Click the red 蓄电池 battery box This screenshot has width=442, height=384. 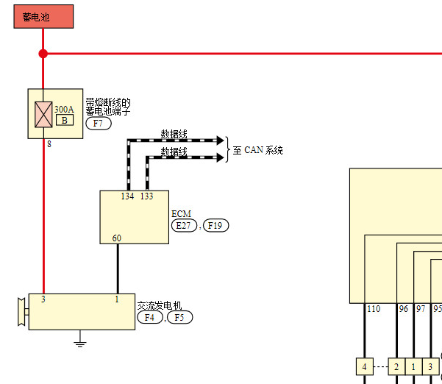pyautogui.click(x=43, y=17)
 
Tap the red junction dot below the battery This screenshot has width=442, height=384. pyautogui.click(x=43, y=54)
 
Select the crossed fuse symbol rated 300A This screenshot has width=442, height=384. pyautogui.click(x=43, y=115)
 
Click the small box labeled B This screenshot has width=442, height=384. pyautogui.click(x=65, y=120)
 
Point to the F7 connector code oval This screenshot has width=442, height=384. pyautogui.click(x=99, y=124)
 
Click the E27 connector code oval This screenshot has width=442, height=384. pyautogui.click(x=184, y=226)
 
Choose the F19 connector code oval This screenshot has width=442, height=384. pyautogui.click(x=215, y=226)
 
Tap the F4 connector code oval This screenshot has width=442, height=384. pyautogui.click(x=150, y=318)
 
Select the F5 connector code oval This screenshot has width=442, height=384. pyautogui.click(x=180, y=318)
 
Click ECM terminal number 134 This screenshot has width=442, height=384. pyautogui.click(x=127, y=196)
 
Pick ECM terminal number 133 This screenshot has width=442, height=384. pyautogui.click(x=146, y=196)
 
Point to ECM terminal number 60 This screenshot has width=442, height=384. pyautogui.click(x=117, y=238)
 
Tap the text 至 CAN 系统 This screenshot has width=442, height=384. pyautogui.click(x=257, y=150)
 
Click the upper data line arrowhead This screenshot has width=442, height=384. pyautogui.click(x=220, y=140)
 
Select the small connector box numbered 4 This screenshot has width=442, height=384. pyautogui.click(x=365, y=366)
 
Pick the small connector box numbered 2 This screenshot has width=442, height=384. pyautogui.click(x=396, y=366)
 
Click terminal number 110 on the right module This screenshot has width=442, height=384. pyautogui.click(x=374, y=309)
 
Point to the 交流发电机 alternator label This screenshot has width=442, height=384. pyautogui.click(x=160, y=305)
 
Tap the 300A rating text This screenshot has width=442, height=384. pyautogui.click(x=64, y=109)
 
